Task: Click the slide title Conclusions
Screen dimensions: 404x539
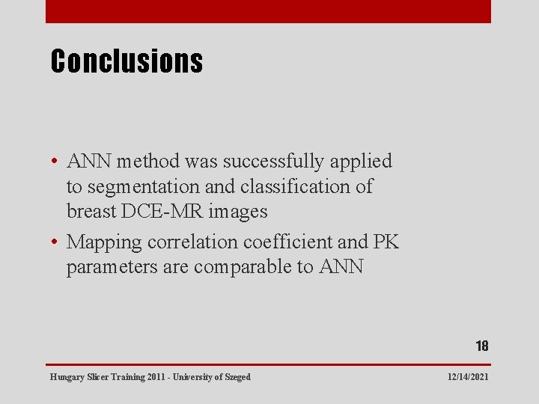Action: [126, 61]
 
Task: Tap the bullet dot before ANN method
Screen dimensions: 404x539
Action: [56, 162]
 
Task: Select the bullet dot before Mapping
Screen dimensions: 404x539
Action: [56, 242]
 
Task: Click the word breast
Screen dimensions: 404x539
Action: [91, 212]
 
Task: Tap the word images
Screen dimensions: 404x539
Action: [238, 212]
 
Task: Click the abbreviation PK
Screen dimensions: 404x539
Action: [386, 242]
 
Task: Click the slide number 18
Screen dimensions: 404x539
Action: [481, 346]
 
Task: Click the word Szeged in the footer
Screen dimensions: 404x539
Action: [237, 377]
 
